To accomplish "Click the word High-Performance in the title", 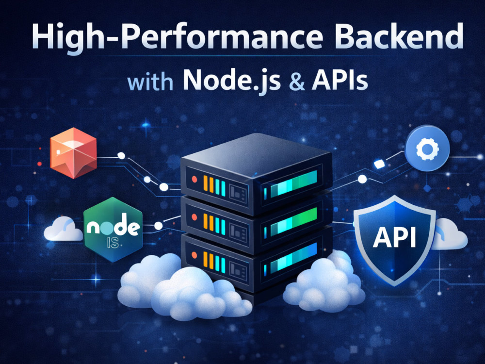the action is pyautogui.click(x=177, y=37).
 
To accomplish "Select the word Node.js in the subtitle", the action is pyautogui.click(x=232, y=81).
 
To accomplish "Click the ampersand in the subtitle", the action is pyautogui.click(x=297, y=82).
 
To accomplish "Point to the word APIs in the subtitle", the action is pyautogui.click(x=339, y=81).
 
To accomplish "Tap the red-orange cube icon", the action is pyautogui.click(x=73, y=153).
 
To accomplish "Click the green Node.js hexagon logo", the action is pyautogui.click(x=113, y=230).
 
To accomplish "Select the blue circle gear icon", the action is pyautogui.click(x=427, y=148).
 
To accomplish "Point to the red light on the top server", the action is pyautogui.click(x=194, y=179).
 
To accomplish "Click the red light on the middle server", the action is pyautogui.click(x=194, y=217).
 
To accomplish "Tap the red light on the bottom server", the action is pyautogui.click(x=194, y=255).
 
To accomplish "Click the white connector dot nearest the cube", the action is pyautogui.click(x=122, y=156).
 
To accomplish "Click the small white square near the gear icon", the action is pyautogui.click(x=379, y=164).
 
